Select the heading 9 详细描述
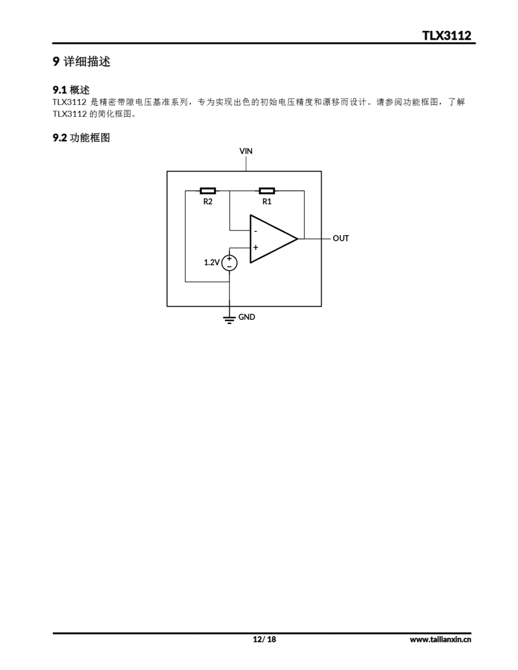tap(81, 62)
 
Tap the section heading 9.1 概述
tap(71, 90)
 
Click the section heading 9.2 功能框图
tap(81, 138)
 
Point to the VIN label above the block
tap(246, 151)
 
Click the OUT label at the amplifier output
tap(340, 238)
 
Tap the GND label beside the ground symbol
tap(247, 317)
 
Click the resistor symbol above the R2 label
tap(208, 191)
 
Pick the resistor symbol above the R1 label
tap(267, 191)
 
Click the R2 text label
tap(208, 202)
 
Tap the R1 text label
tap(267, 202)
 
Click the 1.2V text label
tap(212, 262)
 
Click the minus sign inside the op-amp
tap(256, 231)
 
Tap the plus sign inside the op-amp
tap(256, 247)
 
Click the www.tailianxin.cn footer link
tap(440, 639)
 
